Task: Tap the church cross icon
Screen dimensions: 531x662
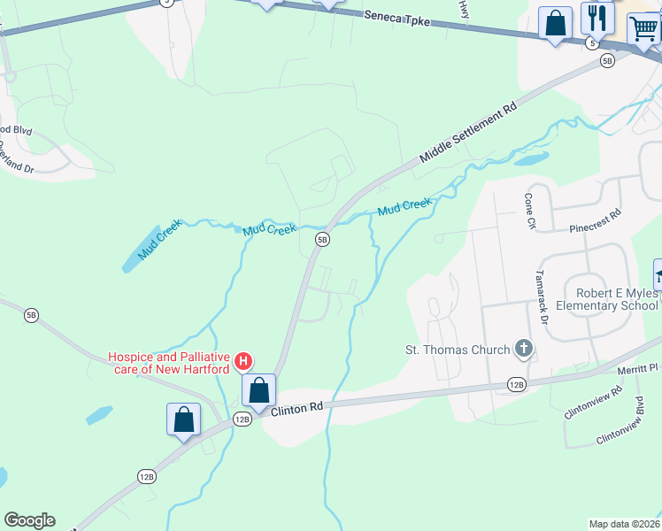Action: point(524,349)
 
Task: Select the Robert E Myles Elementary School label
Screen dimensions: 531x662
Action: point(604,299)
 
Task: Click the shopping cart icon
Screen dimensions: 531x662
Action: point(643,28)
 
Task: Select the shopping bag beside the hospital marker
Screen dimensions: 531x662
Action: point(259,390)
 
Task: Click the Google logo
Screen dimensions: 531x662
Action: point(29,520)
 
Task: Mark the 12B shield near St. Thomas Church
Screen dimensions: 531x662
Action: point(518,384)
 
